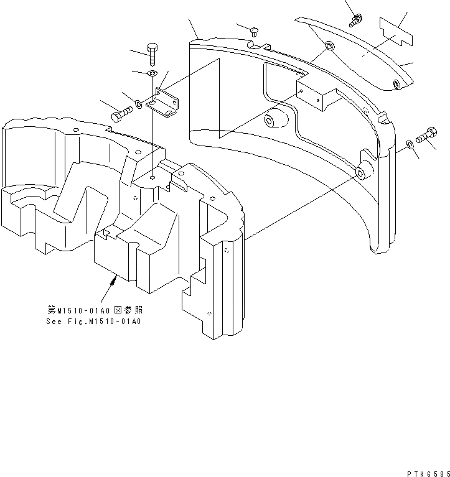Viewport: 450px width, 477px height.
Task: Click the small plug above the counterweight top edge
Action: coord(255,30)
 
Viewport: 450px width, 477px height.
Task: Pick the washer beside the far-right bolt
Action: coord(409,144)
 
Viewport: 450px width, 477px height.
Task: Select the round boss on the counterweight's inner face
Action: coord(275,120)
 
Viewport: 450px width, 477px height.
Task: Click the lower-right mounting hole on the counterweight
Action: coord(361,171)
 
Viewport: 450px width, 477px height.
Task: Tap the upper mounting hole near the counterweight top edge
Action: coord(329,47)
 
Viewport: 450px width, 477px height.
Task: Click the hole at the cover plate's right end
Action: coord(396,84)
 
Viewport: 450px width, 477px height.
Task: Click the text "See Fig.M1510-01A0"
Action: coord(94,322)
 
